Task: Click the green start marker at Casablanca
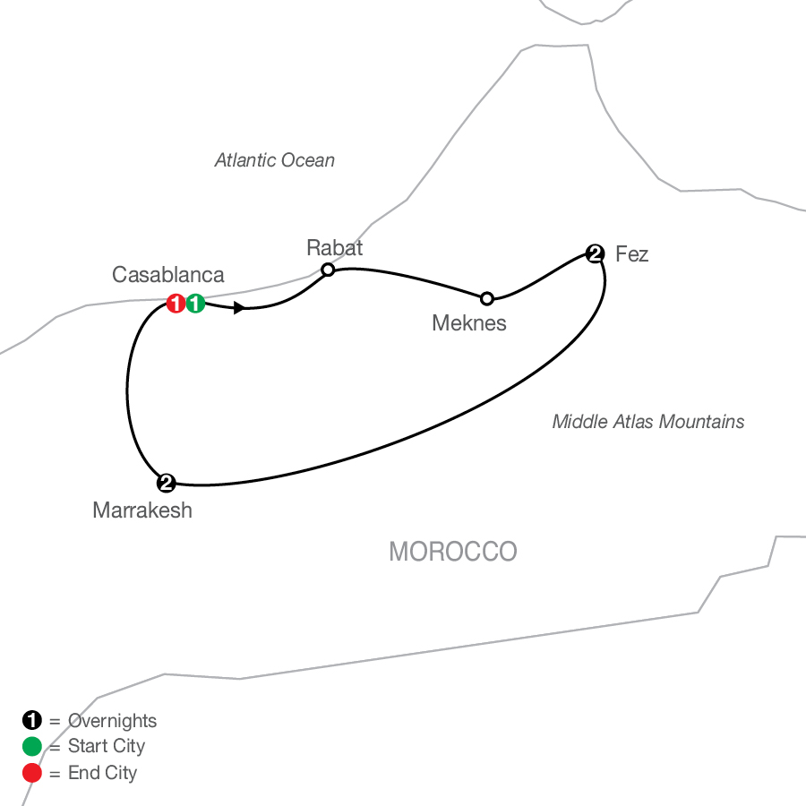196,304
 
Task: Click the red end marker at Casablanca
176,304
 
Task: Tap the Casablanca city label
168,275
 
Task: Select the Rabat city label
334,247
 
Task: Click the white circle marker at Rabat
328,270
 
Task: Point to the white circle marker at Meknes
486,297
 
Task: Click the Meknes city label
469,323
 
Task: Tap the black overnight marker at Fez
595,253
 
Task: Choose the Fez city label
631,254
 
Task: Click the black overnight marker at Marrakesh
166,483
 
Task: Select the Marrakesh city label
142,511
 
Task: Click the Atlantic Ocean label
275,160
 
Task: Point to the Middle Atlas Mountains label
648,422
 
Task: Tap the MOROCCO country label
453,552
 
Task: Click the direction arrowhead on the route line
239,308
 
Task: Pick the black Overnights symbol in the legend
32,720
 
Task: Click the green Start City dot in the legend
32,746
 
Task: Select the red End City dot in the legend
32,772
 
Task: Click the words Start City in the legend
107,746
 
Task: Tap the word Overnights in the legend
112,720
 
